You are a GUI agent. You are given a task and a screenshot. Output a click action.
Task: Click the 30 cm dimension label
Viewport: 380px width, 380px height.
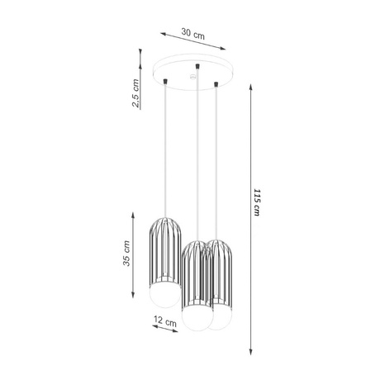pyautogui.click(x=192, y=34)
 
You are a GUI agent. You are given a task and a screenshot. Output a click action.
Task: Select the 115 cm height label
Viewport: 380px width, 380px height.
pyautogui.click(x=258, y=202)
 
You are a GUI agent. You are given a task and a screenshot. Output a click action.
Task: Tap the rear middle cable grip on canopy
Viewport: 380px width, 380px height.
pyautogui.click(x=197, y=64)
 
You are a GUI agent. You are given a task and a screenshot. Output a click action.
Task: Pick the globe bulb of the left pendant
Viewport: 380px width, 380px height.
pyautogui.click(x=164, y=295)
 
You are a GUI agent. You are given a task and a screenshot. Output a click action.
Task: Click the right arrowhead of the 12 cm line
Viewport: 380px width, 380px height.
pyautogui.click(x=179, y=332)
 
